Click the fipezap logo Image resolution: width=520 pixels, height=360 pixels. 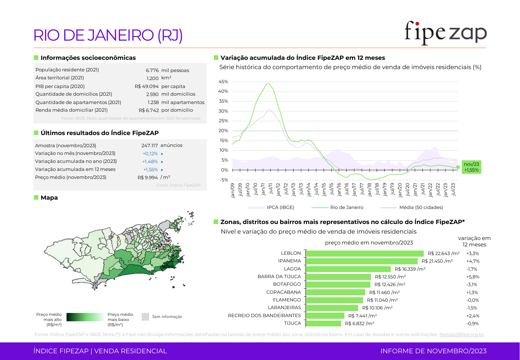coord(445,33)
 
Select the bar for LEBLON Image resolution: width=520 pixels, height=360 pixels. coord(365,253)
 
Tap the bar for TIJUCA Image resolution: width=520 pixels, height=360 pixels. coord(323,324)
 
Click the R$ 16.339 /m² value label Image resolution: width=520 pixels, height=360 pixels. coord(410,269)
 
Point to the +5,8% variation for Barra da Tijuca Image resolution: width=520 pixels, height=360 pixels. coord(473,277)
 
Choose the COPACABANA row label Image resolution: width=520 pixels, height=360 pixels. coord(283,292)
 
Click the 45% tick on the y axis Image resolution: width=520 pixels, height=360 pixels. coord(223,82)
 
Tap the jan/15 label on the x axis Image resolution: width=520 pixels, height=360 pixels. coord(324,189)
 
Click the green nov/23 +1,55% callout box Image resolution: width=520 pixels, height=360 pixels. coord(471,167)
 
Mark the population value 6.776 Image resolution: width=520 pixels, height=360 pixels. coord(152,70)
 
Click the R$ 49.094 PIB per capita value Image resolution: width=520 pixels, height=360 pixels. coord(146,86)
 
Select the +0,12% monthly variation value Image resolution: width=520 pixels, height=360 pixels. coord(150,154)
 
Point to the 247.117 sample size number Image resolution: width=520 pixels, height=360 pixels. coord(150,146)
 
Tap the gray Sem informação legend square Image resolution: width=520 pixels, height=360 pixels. coord(145,317)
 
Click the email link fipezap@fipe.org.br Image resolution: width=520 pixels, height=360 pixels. coord(461,334)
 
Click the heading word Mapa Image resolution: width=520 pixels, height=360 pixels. coord(49,198)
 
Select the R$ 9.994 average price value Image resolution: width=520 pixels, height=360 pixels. coord(148,178)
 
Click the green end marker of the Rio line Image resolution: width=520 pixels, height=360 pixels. coord(458,167)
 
